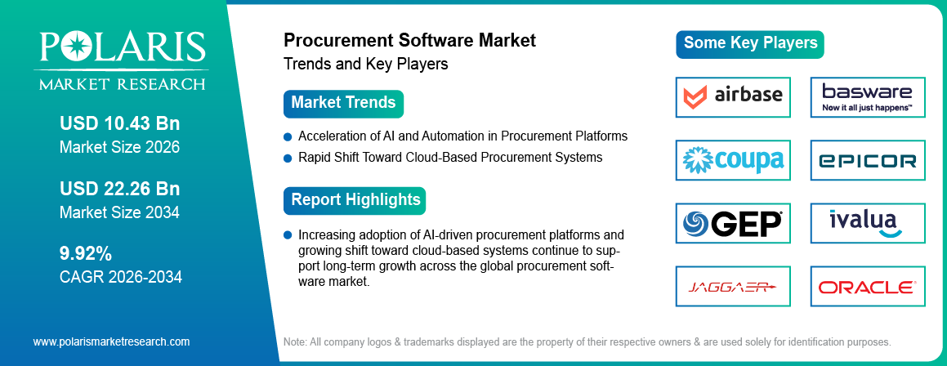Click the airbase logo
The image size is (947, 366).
[x=733, y=97]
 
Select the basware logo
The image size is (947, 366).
[x=867, y=97]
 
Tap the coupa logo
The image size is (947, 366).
[x=733, y=160]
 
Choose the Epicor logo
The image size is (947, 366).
[x=867, y=160]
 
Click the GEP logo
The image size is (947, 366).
[x=733, y=223]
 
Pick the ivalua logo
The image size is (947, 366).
[x=867, y=223]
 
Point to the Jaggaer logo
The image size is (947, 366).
[x=733, y=287]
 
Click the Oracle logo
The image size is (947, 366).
[x=867, y=287]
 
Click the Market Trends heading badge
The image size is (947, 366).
[x=343, y=104]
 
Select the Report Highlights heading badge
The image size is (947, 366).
[x=355, y=200]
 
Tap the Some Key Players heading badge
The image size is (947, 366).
[x=750, y=44]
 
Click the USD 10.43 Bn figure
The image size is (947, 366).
[x=119, y=124]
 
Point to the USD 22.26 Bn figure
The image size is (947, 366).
[x=119, y=190]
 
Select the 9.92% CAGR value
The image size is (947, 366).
[x=86, y=254]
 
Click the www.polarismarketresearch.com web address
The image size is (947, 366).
[x=111, y=341]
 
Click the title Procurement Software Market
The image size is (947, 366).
[x=409, y=41]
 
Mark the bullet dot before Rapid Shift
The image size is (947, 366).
[x=288, y=158]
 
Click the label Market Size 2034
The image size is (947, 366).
[x=119, y=212]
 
